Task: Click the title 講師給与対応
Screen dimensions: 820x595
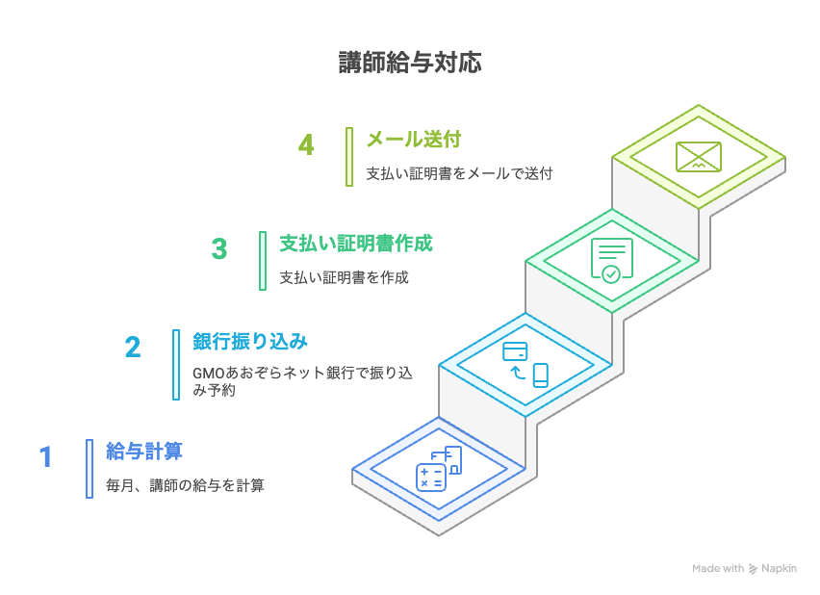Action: (410, 63)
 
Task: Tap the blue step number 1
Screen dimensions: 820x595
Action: (46, 457)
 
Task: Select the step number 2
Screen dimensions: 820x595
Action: (133, 348)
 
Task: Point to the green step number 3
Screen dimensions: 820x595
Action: (219, 249)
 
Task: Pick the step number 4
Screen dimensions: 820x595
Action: (306, 145)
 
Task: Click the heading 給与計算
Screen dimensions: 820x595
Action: (144, 452)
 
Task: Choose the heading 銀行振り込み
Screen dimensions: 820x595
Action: (250, 342)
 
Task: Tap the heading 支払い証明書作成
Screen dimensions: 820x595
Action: (356, 244)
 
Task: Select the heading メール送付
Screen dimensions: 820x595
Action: (414, 140)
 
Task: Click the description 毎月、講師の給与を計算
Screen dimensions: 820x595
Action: (185, 485)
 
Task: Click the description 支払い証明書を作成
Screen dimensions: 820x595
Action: (345, 277)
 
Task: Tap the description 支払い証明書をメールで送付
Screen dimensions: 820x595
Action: (460, 173)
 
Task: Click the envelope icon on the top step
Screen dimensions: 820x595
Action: (699, 157)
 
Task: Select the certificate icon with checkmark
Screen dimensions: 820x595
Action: (612, 261)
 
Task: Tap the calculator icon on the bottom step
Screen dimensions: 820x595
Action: (431, 478)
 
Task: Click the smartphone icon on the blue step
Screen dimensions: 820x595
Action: (541, 375)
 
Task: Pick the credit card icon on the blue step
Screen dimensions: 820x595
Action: (515, 351)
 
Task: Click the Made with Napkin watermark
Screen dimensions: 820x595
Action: (744, 569)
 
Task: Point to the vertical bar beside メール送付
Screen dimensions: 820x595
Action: (349, 157)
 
